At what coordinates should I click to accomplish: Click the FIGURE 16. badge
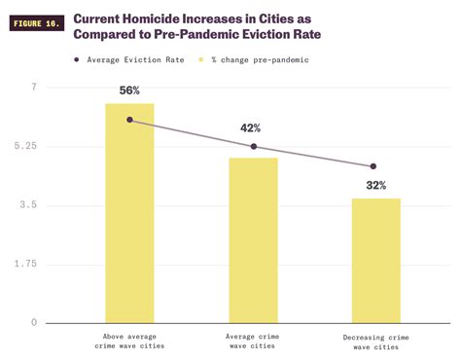tap(37, 23)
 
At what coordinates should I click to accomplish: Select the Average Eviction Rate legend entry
tap(130, 59)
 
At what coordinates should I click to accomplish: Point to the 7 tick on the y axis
tap(33, 88)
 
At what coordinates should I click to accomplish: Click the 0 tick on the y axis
tap(33, 322)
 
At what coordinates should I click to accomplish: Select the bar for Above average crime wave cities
tap(129, 213)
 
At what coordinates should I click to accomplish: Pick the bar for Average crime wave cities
tap(253, 240)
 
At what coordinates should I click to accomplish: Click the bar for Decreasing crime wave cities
tap(375, 261)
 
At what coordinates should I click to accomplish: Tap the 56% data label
tap(129, 90)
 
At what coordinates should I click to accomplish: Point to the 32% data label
tap(375, 185)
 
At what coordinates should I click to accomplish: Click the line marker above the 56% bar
tap(129, 120)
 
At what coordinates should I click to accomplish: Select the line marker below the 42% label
tap(253, 147)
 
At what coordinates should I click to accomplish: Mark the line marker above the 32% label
tap(372, 166)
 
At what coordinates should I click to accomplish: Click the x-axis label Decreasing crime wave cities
tap(375, 342)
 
